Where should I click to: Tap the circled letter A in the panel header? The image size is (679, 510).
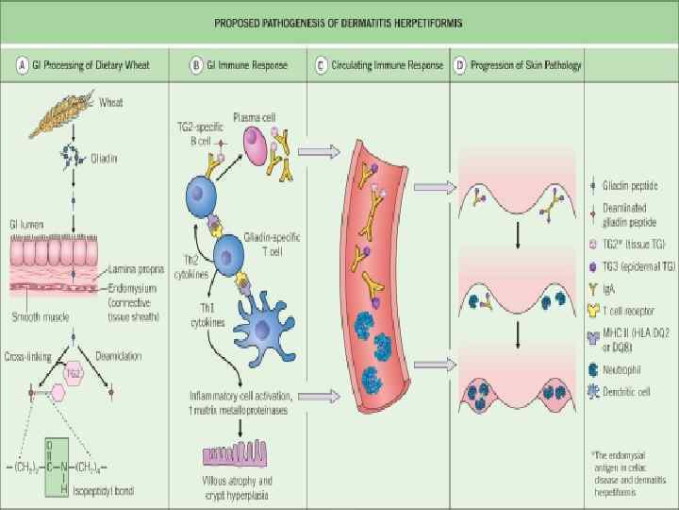click(x=21, y=66)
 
